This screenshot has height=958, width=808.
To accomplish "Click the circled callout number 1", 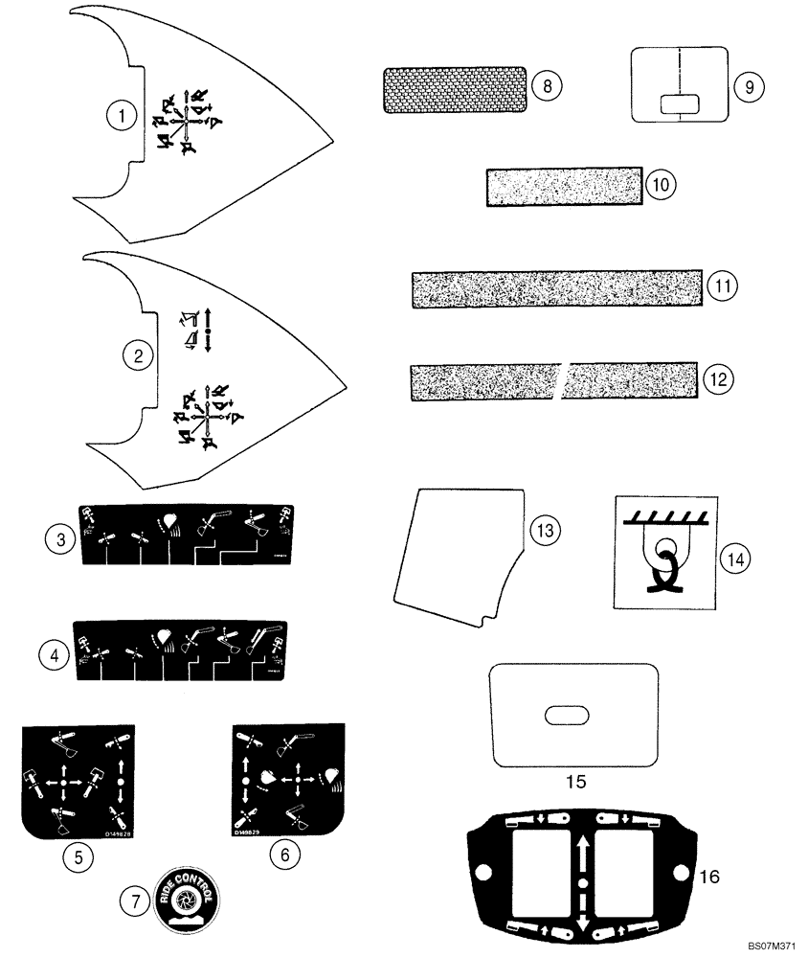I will (x=121, y=117).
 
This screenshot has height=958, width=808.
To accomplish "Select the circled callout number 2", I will (x=139, y=356).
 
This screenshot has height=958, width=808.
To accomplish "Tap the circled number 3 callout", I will (x=60, y=539).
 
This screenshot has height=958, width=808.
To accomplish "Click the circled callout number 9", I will (x=749, y=85).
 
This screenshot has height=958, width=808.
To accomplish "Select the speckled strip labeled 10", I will (x=563, y=185).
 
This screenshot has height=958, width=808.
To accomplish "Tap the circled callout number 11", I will (x=724, y=285).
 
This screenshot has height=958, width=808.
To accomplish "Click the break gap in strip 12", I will (x=562, y=380).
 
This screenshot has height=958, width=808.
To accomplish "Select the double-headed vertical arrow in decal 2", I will (x=207, y=330).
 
